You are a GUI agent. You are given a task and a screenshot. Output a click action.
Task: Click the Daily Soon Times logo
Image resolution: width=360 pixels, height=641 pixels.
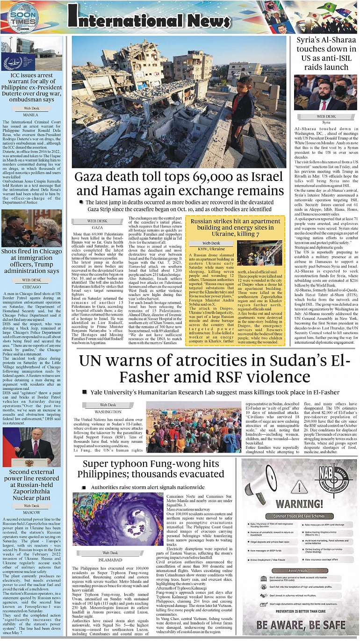coord(22,18)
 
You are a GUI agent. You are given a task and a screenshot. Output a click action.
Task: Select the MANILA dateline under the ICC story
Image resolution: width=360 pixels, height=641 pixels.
coord(31,115)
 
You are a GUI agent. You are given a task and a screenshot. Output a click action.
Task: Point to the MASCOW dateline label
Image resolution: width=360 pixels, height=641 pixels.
coord(31,512)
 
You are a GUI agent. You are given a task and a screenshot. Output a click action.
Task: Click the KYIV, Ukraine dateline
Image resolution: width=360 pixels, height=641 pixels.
coord(211,249)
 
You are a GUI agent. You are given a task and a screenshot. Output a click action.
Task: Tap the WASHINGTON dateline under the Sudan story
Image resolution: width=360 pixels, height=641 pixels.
coord(108,411)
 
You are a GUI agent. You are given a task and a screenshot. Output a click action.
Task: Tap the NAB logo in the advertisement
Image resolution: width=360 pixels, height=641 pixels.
coord(333,482)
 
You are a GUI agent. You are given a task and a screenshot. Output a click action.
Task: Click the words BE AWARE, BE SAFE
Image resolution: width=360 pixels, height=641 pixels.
coord(301,624)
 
